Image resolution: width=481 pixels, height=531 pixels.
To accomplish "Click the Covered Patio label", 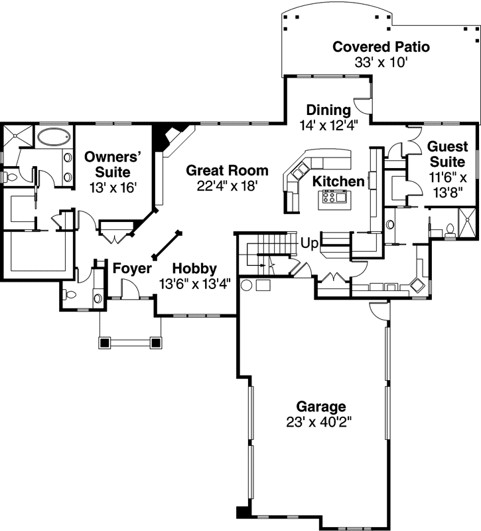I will click(x=381, y=47).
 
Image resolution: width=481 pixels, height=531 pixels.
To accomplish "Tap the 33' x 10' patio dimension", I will click(x=381, y=63).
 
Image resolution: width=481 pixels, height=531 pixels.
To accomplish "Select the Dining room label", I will click(x=328, y=110).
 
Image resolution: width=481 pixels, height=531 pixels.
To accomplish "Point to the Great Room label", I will click(x=227, y=170).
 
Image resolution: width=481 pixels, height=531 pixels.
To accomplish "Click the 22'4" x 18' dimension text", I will click(x=227, y=186).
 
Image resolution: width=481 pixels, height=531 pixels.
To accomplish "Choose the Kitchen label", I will click(x=338, y=181).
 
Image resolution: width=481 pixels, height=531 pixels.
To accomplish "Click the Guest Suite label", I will click(x=448, y=154).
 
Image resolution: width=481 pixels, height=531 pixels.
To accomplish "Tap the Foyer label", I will click(x=131, y=268).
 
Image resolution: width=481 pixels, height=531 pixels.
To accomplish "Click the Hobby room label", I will click(x=194, y=268).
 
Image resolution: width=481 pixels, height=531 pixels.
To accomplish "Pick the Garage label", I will click(x=321, y=406).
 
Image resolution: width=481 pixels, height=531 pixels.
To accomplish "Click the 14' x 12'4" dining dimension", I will click(x=328, y=125).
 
